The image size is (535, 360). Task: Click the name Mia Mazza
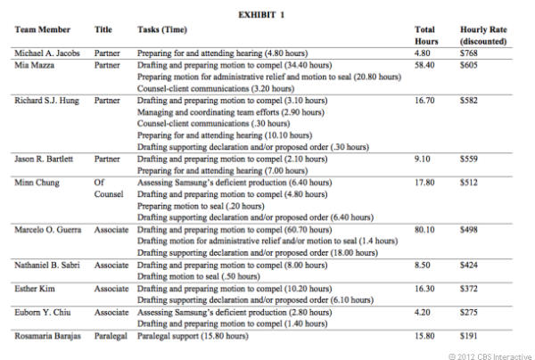(x=36, y=65)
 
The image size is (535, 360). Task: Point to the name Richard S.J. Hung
(x=48, y=101)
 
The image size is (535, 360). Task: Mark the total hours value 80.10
(x=428, y=229)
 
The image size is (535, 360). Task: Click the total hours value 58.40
(x=428, y=65)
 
